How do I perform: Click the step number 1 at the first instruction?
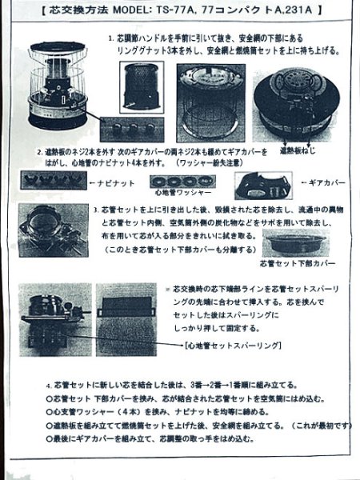point(110,38)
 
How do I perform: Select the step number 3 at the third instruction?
point(95,209)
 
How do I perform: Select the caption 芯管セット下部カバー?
point(297,262)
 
